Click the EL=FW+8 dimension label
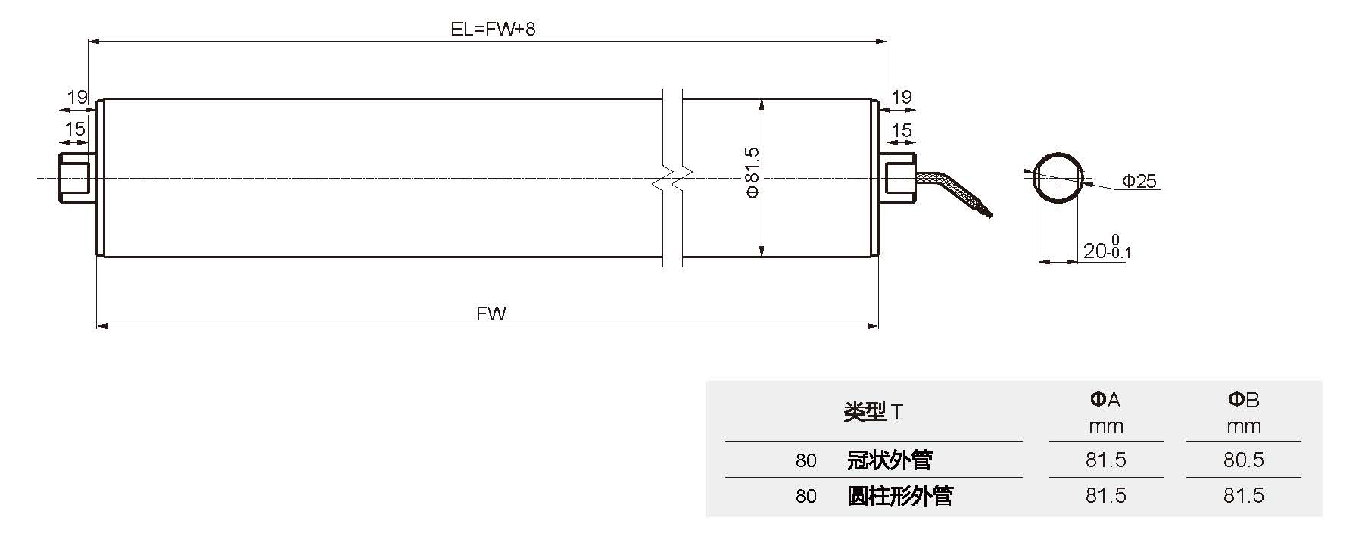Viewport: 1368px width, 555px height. point(493,30)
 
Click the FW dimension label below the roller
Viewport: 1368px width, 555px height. point(491,313)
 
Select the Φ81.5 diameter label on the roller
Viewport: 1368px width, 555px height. point(752,173)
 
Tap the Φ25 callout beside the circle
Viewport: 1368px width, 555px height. point(1139,181)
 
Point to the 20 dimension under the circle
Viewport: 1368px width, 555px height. point(1095,251)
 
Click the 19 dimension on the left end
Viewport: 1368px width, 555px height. point(77,97)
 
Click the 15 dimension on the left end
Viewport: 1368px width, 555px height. point(75,129)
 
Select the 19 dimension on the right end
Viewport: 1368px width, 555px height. point(901,97)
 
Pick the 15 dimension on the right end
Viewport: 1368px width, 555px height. point(901,130)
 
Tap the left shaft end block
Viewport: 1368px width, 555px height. point(73,179)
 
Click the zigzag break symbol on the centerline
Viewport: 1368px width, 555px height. point(673,179)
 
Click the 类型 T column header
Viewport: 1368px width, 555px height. point(873,412)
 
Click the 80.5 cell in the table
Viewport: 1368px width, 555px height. point(1243,460)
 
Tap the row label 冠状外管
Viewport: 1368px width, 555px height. point(889,460)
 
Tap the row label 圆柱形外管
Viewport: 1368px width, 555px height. point(899,495)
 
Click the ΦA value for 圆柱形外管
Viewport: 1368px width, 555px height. point(1105,495)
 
